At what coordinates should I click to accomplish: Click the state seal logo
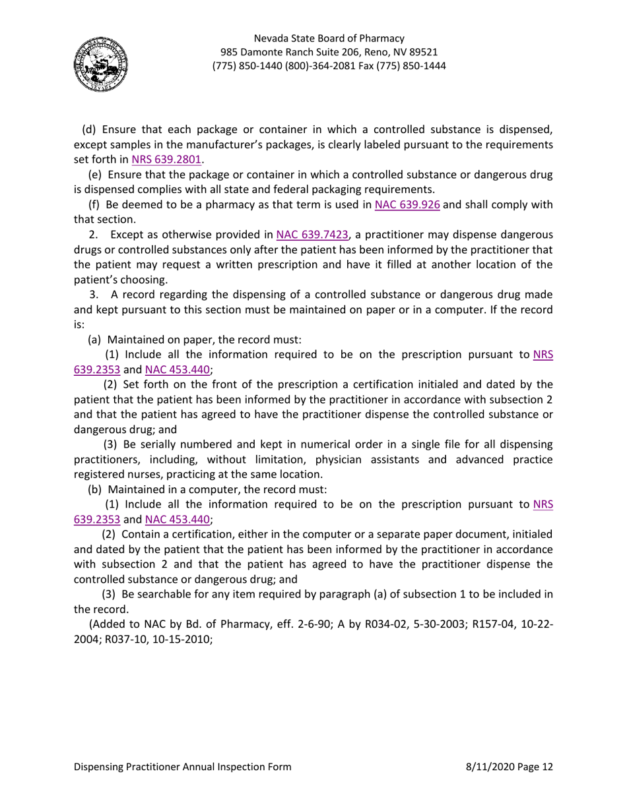pyautogui.click(x=101, y=64)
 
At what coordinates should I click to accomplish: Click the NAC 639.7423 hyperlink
pyautogui.click(x=312, y=235)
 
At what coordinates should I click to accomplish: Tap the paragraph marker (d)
pyautogui.click(x=89, y=129)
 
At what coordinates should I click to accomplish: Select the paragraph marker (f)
pyautogui.click(x=86, y=205)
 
